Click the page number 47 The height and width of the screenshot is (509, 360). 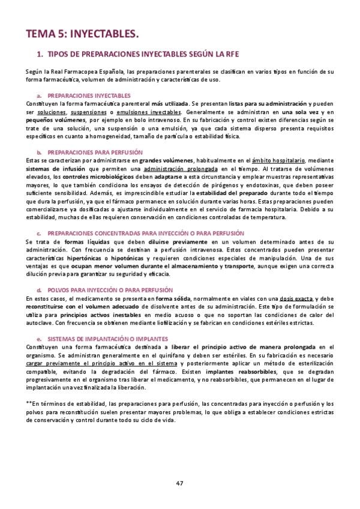coord(180,483)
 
